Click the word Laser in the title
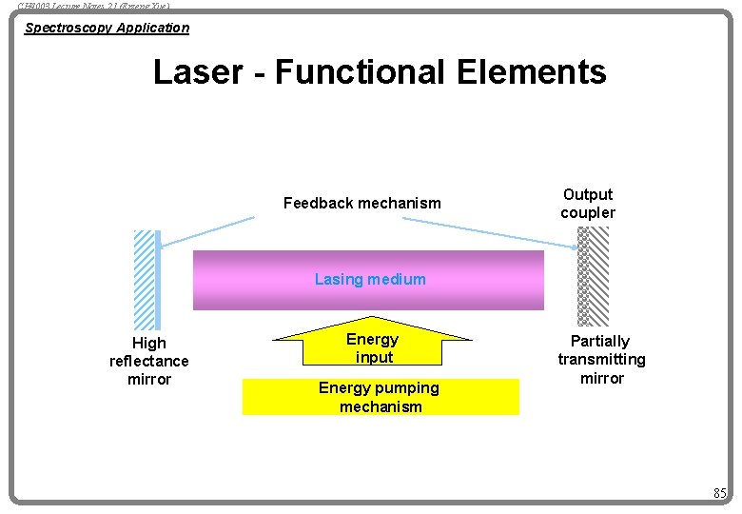(x=196, y=72)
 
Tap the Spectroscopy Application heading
(x=107, y=28)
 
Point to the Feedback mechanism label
(x=362, y=203)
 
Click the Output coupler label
(x=588, y=204)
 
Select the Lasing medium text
(x=370, y=280)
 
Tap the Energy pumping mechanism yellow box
(x=381, y=397)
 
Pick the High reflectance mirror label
(x=149, y=361)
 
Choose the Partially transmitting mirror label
(x=601, y=359)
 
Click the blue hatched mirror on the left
(x=146, y=279)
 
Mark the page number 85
(x=720, y=493)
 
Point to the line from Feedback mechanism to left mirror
(x=207, y=232)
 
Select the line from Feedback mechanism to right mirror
(x=490, y=233)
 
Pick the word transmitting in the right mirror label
(x=601, y=359)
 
